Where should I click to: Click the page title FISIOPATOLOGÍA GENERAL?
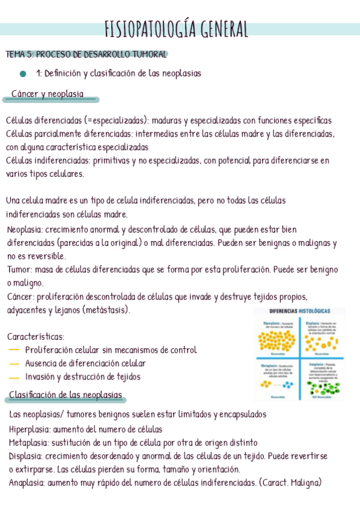coord(176,29)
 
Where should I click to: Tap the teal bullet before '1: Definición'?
coord(23,74)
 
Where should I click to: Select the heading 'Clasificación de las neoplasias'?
coord(66,395)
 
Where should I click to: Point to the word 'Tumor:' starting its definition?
coord(20,269)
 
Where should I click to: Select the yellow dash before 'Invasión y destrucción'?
coord(14,378)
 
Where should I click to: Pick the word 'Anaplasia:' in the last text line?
coord(28,482)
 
